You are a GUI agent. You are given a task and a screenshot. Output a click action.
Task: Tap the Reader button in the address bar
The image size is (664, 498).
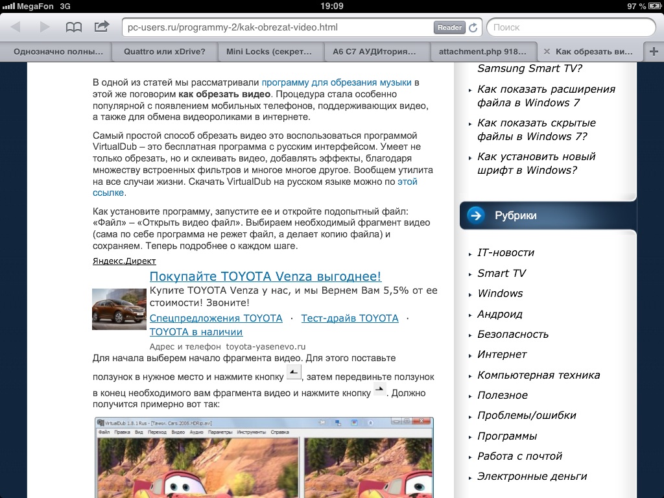coord(449,28)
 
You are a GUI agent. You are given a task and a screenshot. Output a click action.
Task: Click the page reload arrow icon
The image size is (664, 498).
coord(473,28)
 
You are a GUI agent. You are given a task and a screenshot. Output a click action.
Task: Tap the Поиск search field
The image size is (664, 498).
coord(571,28)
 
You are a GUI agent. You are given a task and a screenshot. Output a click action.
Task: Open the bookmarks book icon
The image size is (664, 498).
coord(74,27)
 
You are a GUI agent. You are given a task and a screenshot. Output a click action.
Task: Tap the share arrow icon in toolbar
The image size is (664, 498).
coord(102,27)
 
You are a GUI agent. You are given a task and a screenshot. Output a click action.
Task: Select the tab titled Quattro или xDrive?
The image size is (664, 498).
coord(165,52)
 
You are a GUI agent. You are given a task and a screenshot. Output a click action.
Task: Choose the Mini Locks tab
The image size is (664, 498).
coord(269,52)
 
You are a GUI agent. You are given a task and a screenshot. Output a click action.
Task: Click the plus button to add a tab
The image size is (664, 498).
coord(654,52)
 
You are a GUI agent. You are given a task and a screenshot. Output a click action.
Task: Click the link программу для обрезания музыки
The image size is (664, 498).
coord(337,82)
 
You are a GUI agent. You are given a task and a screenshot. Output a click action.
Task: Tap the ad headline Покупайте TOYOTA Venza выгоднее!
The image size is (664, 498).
coord(265,277)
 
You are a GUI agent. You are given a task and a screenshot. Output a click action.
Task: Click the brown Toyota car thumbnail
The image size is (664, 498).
coord(119,309)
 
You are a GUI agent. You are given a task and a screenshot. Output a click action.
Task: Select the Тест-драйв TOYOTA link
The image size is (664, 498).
coord(350,318)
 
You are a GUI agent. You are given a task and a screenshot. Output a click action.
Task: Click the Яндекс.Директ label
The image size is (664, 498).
coord(124,261)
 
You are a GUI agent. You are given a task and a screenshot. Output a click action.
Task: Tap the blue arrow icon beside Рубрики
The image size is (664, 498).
coord(476,215)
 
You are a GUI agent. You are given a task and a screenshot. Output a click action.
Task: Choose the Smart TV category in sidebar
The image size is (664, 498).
coord(501,273)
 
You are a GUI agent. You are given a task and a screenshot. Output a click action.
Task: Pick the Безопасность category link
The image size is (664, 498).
coord(513,334)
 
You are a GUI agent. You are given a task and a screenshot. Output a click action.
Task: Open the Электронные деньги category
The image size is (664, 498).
coord(532,476)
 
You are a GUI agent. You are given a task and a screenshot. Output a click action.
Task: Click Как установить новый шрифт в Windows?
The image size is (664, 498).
coord(536,163)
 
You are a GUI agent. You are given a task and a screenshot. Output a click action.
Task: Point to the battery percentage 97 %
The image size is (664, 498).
coord(636,6)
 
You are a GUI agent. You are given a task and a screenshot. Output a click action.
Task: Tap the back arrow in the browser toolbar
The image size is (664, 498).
coord(16,27)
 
